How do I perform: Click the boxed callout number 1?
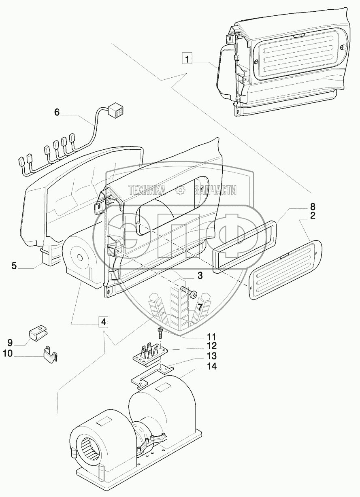187,59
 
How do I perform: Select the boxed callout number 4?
103,322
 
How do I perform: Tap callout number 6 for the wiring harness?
57,113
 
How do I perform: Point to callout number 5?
14,266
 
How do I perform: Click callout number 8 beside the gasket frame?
313,206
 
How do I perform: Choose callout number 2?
313,215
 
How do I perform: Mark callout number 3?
200,276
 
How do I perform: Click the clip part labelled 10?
50,353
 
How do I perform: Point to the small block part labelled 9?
37,333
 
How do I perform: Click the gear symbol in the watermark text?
180,190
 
